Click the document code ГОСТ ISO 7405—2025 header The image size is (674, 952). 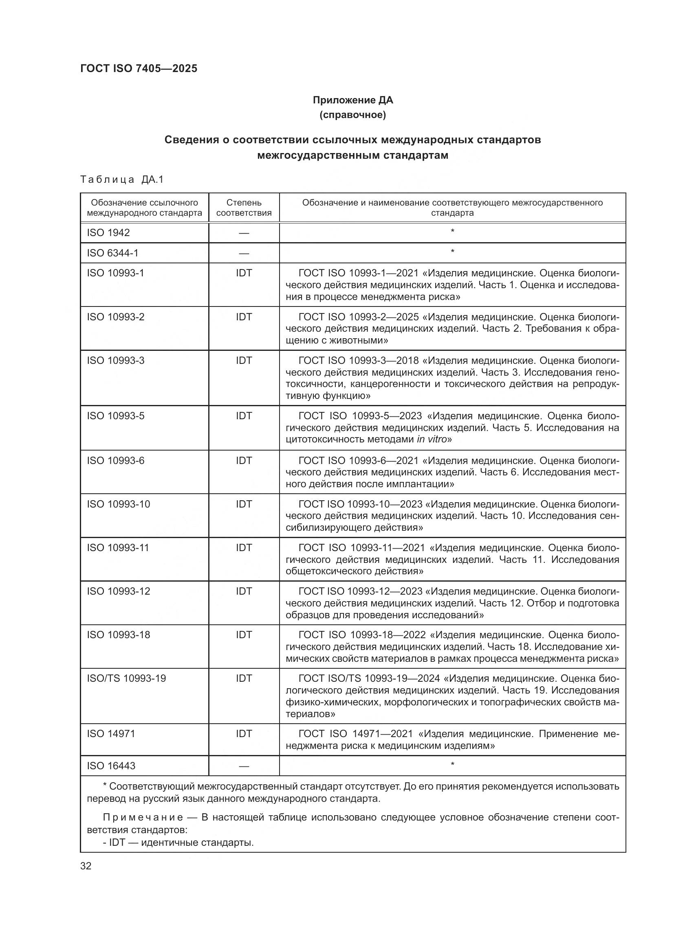[139, 68]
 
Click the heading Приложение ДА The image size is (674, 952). [353, 100]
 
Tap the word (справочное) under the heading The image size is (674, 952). [353, 115]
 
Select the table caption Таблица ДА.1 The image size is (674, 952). [122, 179]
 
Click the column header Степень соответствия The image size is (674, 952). [244, 208]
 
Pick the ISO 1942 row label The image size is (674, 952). [108, 233]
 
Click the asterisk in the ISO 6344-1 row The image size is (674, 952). [452, 252]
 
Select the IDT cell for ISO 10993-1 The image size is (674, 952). [244, 273]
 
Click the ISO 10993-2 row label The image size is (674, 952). [116, 317]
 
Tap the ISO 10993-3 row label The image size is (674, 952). [116, 360]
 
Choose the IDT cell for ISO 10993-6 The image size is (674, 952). [244, 460]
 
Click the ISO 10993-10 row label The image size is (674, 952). [118, 504]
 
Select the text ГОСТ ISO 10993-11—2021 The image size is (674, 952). [361, 548]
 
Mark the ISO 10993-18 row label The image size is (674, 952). [118, 635]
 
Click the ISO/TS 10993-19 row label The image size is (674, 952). [126, 678]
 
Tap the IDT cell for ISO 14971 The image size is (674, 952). [244, 733]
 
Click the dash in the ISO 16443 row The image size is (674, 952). [244, 766]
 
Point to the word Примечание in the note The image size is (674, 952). [143, 817]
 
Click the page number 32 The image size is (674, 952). [86, 866]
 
